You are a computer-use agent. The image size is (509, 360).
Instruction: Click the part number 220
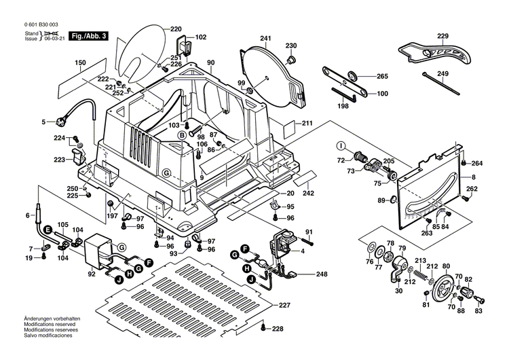click(176, 29)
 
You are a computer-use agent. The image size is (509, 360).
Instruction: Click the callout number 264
click(477, 163)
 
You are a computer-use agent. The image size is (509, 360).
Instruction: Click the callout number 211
click(307, 124)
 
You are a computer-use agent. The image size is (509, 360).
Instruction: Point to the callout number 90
click(211, 62)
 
